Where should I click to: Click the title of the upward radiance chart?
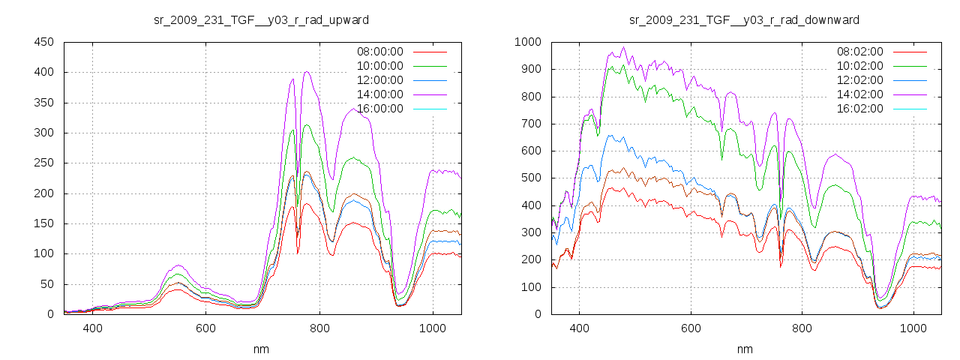(x=261, y=19)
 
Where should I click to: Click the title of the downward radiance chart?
(x=744, y=19)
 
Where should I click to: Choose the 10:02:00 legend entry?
(x=859, y=66)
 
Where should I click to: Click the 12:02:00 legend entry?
(x=859, y=80)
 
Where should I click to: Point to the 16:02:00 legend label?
(x=859, y=109)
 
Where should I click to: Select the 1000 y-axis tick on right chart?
(x=528, y=42)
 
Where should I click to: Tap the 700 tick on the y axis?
(x=531, y=124)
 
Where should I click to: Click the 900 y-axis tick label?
(x=531, y=69)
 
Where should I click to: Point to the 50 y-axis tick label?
(x=47, y=284)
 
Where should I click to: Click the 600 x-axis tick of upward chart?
(x=206, y=328)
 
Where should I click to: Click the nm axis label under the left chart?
(x=261, y=349)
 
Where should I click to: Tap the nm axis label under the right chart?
(x=744, y=349)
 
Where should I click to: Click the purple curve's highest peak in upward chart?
(x=307, y=72)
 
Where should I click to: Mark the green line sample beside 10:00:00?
(x=430, y=66)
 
